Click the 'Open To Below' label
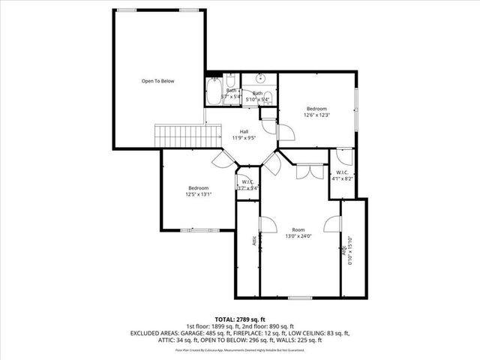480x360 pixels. pos(158,81)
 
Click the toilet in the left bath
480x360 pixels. pos(232,80)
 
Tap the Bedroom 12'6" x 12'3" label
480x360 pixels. pos(317,112)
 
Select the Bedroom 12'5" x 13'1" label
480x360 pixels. pos(199,190)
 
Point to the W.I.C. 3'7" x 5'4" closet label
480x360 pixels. pos(247,185)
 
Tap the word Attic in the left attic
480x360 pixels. pos(254,241)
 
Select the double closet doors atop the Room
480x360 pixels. pos(304,172)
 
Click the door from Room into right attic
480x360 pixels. pos(331,225)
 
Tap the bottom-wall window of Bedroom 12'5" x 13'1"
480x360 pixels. pos(197,229)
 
